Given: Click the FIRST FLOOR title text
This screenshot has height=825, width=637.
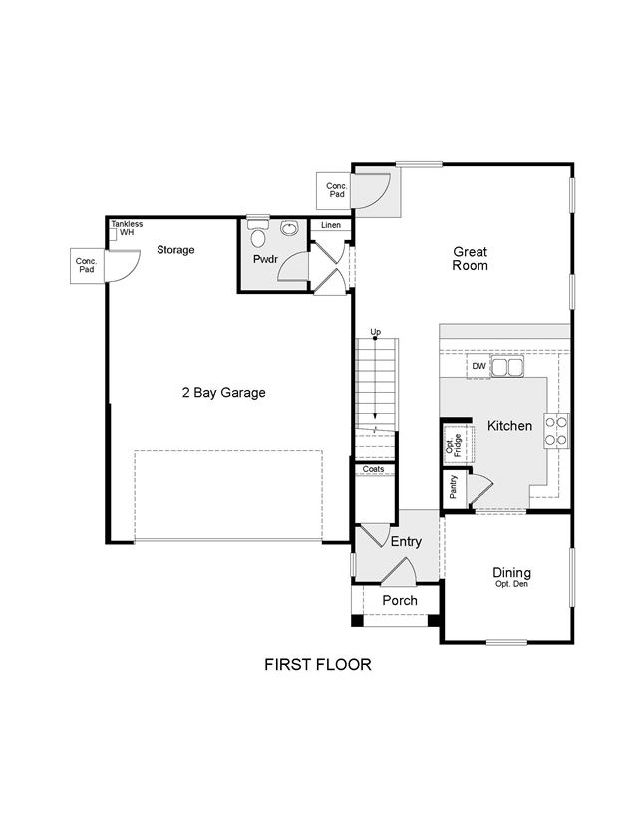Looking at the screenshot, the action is (317, 664).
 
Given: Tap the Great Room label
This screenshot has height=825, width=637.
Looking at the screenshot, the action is (471, 259).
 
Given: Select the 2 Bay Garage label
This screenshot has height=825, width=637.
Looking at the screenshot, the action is (223, 392).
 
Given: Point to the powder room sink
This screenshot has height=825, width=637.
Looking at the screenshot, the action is (289, 228).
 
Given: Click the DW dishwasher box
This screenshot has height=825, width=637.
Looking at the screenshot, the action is (478, 366).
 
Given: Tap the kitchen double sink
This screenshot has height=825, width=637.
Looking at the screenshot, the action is (508, 367).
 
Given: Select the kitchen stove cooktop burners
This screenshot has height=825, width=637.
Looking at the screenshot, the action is (556, 431).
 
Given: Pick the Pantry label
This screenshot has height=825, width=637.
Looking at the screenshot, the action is (454, 486).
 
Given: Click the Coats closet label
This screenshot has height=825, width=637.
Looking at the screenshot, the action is (373, 469).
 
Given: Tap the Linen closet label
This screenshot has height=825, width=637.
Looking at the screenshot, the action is (331, 225).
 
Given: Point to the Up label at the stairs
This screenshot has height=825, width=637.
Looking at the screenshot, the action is (376, 332).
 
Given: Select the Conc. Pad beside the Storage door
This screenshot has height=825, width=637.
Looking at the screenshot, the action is (87, 266).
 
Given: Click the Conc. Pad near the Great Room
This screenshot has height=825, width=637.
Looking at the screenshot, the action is (334, 190).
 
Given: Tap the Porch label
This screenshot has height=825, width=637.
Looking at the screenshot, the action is (400, 601).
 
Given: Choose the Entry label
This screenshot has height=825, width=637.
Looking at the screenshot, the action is (406, 541).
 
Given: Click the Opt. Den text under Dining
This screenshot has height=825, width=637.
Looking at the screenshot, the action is (511, 584).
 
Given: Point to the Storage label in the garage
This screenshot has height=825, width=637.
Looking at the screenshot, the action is (175, 250).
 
